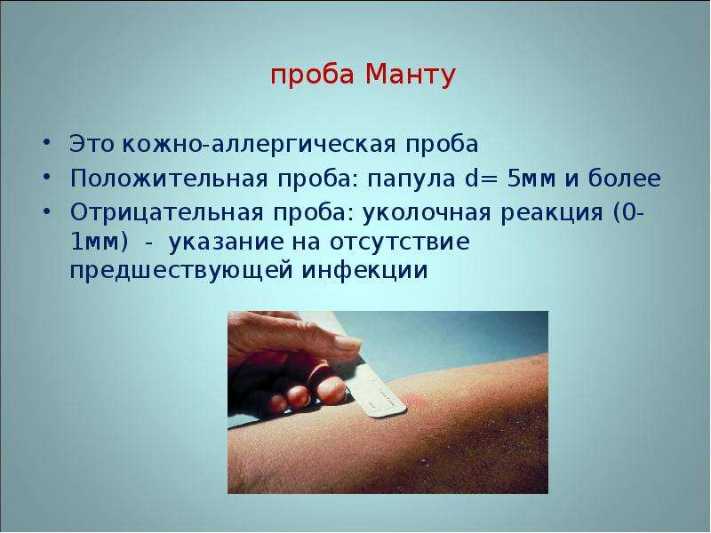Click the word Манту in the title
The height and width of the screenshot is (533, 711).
tap(410, 75)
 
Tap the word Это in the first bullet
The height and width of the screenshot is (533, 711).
tap(91, 144)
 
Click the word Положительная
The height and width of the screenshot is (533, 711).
tap(169, 179)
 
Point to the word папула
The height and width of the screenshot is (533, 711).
tap(411, 179)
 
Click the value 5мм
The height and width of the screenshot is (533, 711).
tap(531, 179)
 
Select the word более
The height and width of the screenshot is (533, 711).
tap(624, 179)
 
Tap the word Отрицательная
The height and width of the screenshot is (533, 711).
tap(166, 212)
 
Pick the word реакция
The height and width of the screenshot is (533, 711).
tap(552, 212)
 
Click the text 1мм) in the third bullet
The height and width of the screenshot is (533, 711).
tap(100, 242)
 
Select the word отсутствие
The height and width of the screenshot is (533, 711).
tap(399, 242)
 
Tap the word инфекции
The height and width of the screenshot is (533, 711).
tap(364, 271)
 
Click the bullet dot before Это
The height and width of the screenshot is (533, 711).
tap(46, 142)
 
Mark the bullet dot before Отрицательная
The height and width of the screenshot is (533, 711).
tap(46, 211)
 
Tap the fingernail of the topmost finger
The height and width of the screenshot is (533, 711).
tap(347, 343)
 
